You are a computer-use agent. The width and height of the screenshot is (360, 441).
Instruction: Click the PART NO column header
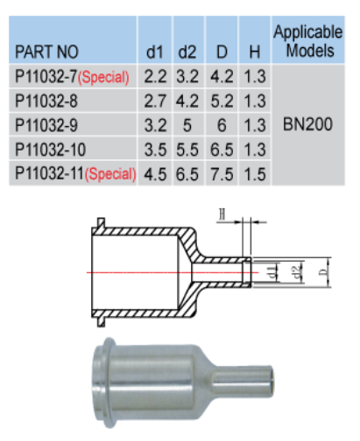(x=46, y=52)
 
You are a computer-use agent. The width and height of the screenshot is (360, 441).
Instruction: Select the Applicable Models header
(x=308, y=41)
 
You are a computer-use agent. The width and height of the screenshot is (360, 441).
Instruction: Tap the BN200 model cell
(x=307, y=124)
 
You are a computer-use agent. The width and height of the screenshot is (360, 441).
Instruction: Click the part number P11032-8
(x=46, y=101)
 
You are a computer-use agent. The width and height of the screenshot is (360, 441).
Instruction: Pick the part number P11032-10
(x=50, y=150)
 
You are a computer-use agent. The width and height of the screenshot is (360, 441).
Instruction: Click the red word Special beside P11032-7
(x=103, y=77)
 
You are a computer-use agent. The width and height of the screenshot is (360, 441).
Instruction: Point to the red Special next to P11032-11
(x=110, y=174)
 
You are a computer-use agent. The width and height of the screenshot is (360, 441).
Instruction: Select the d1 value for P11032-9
(x=155, y=125)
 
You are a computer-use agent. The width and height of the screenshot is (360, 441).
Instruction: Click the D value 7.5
(x=222, y=174)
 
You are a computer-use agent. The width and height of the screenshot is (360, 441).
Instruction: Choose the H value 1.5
(x=255, y=174)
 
